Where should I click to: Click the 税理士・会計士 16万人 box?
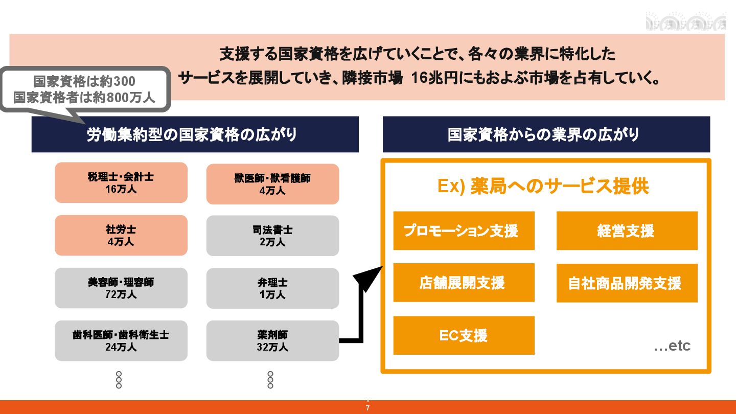121,182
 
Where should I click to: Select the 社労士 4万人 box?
121,235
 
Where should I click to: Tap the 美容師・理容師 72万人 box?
121,288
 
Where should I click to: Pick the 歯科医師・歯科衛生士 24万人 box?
121,340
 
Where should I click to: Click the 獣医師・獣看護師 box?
272,184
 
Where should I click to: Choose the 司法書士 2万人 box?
272,236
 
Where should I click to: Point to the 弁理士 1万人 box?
272,288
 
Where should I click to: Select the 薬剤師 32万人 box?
272,341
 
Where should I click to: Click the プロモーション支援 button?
464,231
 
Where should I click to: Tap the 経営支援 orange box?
627,231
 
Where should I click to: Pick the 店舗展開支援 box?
464,283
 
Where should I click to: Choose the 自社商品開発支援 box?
627,283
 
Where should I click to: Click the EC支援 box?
464,335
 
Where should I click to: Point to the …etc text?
672,346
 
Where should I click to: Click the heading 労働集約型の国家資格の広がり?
195,134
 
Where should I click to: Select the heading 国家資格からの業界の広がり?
546,134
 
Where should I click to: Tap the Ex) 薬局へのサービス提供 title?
543,187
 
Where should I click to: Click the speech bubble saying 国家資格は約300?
84,89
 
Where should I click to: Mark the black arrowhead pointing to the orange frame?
367,278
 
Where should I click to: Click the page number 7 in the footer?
368,408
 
